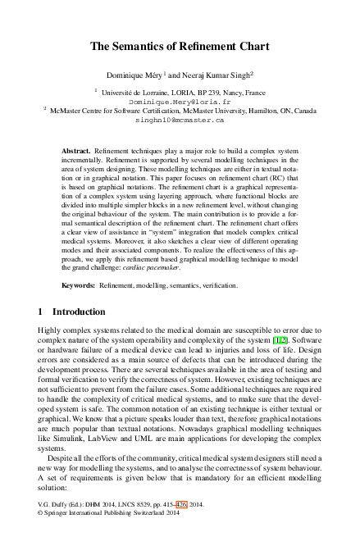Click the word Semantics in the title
(153, 47)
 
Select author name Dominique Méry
(144, 73)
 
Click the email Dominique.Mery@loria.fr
(180, 101)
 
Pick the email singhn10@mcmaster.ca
(180, 119)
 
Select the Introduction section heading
(78, 312)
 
